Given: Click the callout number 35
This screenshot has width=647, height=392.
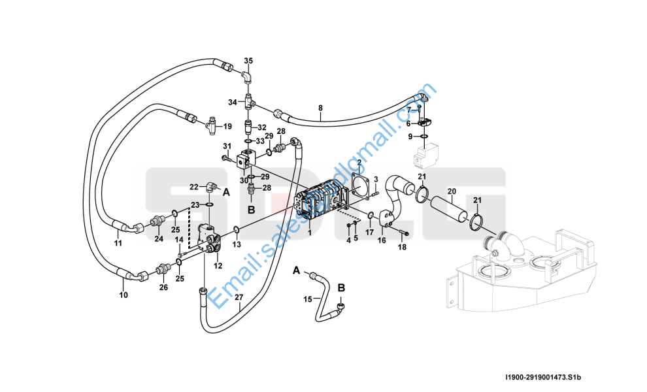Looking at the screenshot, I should (248, 61).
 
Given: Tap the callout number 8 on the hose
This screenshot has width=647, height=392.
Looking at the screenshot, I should (320, 108).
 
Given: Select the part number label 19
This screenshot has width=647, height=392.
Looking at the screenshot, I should (228, 126).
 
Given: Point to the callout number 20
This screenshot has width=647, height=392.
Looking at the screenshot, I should (451, 191).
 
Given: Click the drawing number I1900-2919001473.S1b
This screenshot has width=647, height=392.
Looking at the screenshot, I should (542, 377).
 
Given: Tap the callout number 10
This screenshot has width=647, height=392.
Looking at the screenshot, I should (123, 295).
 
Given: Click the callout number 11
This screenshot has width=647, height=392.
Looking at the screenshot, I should (118, 244).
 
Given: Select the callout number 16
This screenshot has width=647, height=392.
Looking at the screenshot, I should (382, 240).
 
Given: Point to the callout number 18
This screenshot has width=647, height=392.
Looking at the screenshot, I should (403, 247).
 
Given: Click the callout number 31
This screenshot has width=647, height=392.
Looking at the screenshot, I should (227, 146).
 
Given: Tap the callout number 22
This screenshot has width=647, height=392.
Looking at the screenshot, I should (193, 187).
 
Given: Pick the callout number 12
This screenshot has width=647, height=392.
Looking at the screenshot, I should (218, 265).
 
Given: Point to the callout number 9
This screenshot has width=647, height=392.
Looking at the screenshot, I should (410, 137).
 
